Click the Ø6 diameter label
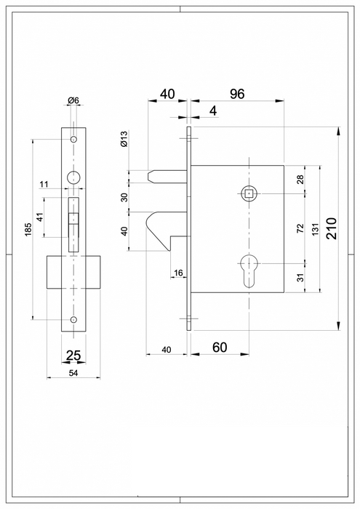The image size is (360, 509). tap(73, 100)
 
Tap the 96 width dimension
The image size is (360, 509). tap(236, 94)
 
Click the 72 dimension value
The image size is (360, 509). tap(300, 228)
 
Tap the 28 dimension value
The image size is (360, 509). tap(300, 180)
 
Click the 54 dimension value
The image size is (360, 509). tap(73, 372)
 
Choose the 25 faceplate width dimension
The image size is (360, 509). tap(73, 356)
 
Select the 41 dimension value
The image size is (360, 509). tap(41, 217)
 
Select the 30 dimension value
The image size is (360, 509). tap(124, 197)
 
